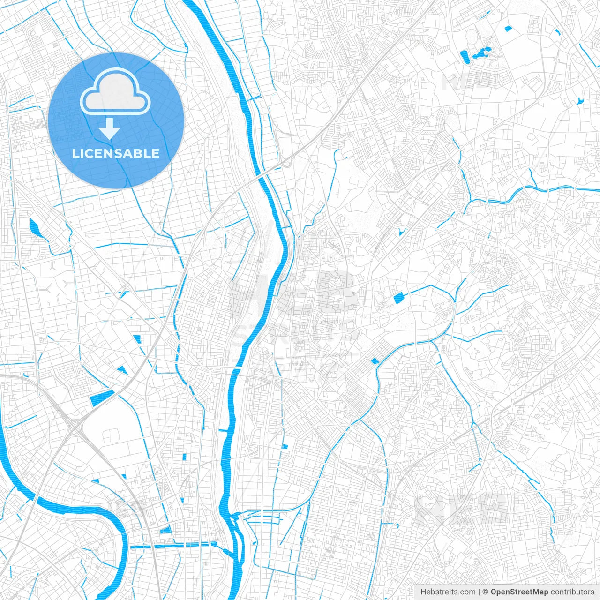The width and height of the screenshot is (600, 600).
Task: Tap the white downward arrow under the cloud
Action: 110,128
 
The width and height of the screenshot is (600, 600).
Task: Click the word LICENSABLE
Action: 116,153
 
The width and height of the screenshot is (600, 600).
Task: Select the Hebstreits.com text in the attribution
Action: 448,592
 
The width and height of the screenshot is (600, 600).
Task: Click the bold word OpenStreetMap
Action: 519,592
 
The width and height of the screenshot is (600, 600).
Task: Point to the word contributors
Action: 572,592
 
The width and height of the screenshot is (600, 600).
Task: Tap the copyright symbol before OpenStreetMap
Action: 486,592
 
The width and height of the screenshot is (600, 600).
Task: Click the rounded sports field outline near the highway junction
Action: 111,436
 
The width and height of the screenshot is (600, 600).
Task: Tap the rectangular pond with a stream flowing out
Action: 398,298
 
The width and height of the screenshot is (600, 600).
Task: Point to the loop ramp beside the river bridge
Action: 285,163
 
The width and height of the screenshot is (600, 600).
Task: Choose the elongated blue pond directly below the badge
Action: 34,228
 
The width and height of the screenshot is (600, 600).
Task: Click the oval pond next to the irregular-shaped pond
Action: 465,57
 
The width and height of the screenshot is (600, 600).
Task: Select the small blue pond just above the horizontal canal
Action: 165,531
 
